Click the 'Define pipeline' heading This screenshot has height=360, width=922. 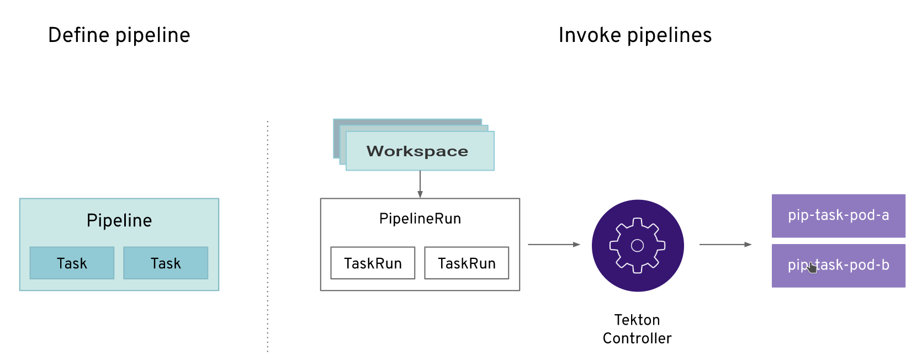tap(119, 35)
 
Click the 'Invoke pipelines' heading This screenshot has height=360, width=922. tap(635, 35)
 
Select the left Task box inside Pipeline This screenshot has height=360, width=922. tap(72, 263)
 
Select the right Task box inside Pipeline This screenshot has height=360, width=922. tap(166, 263)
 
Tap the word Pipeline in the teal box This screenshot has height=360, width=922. tap(119, 220)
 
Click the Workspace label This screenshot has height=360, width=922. tap(417, 151)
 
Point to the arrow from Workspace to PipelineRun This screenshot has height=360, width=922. tap(420, 184)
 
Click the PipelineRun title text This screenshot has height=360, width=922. tap(420, 219)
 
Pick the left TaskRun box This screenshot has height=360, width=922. tap(373, 263)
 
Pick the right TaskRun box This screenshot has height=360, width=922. tap(467, 263)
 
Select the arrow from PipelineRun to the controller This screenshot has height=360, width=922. tap(554, 244)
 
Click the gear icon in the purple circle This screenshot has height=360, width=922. tap(638, 246)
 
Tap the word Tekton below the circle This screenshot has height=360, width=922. tap(637, 320)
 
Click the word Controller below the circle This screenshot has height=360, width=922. tap(637, 338)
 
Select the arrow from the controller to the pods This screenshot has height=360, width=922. tap(725, 244)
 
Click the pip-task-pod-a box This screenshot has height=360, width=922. tap(838, 215)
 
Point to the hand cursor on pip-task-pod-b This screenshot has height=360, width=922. tap(812, 268)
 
